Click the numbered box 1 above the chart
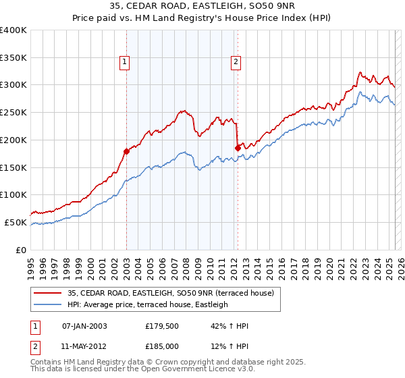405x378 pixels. [126, 63]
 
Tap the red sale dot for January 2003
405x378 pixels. [126, 151]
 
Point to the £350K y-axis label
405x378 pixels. [13, 57]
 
